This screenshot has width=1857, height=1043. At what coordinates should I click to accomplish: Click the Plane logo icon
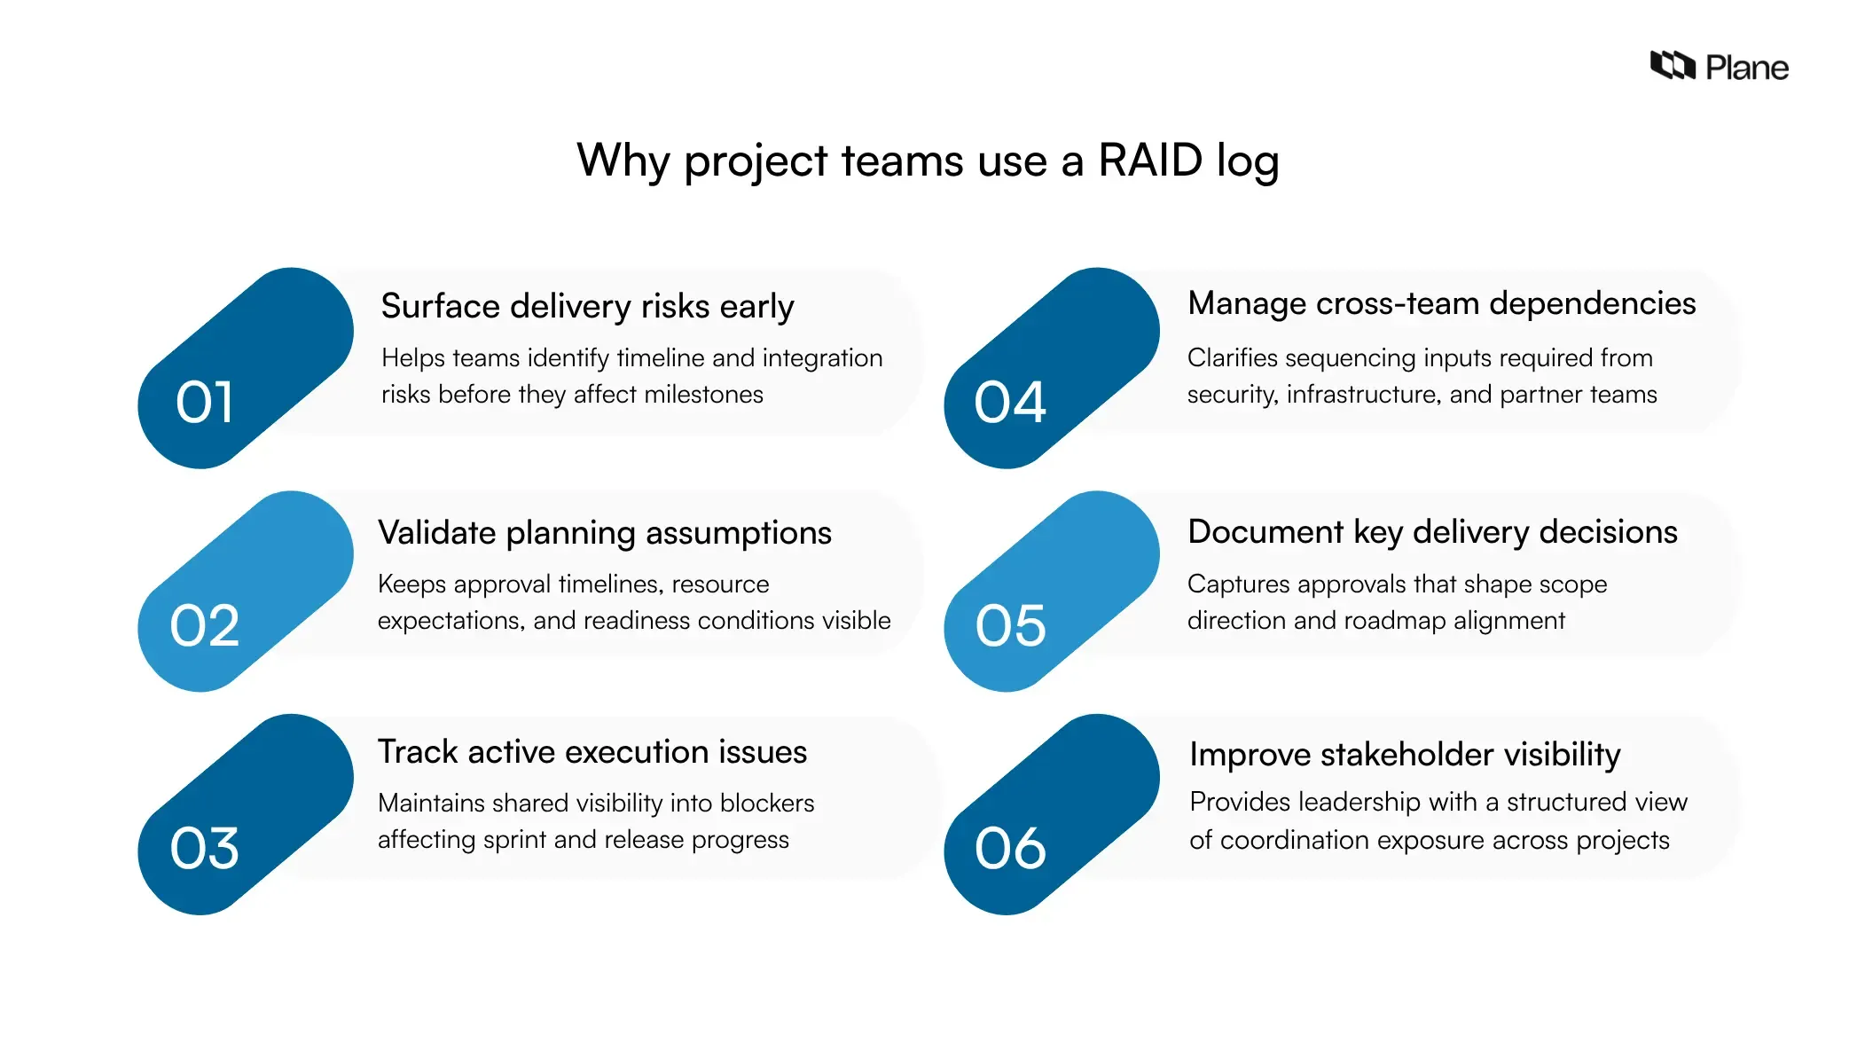pyautogui.click(x=1672, y=66)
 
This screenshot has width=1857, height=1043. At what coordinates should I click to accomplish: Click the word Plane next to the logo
pyautogui.click(x=1746, y=68)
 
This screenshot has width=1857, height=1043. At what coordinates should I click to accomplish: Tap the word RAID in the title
pyautogui.click(x=1150, y=161)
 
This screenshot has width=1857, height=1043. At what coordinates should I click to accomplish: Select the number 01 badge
pyautogui.click(x=205, y=403)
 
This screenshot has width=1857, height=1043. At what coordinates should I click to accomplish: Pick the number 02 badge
pyautogui.click(x=205, y=625)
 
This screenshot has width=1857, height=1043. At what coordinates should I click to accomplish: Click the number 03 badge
pyautogui.click(x=205, y=848)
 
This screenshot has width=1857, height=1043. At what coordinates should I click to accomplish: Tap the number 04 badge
pyautogui.click(x=1010, y=403)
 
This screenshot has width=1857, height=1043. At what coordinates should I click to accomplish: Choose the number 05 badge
pyautogui.click(x=1010, y=625)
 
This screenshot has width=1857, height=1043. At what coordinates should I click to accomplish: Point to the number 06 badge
pyautogui.click(x=1010, y=848)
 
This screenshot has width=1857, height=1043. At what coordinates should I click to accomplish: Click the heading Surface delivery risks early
pyautogui.click(x=587, y=307)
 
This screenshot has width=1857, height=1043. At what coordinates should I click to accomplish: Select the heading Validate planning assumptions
pyautogui.click(x=604, y=533)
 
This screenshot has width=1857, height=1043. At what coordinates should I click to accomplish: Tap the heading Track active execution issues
pyautogui.click(x=592, y=752)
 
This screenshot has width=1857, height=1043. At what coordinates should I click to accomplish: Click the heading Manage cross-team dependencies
pyautogui.click(x=1441, y=303)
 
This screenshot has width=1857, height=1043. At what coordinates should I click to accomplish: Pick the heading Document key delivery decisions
pyautogui.click(x=1432, y=532)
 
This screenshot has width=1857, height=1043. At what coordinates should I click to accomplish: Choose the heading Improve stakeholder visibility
pyautogui.click(x=1405, y=755)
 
